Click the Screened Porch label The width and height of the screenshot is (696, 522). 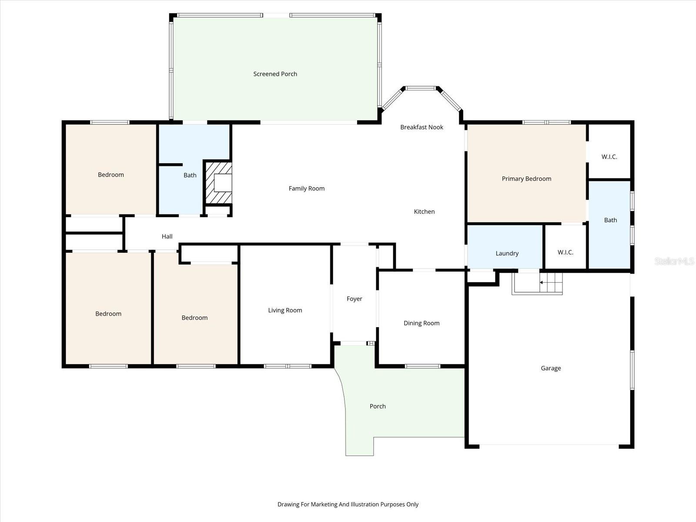275,74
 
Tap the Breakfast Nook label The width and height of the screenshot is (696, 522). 422,127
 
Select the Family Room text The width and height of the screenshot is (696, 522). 306,189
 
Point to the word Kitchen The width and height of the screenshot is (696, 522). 424,211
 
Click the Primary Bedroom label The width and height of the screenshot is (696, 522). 526,179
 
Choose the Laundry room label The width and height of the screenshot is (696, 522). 507,253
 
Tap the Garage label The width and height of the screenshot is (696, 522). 551,368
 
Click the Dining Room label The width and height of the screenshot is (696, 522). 422,323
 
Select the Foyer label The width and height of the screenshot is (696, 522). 354,298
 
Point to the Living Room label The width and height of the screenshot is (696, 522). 285,310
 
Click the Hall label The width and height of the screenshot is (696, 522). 167,237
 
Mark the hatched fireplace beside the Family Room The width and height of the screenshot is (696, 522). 219,183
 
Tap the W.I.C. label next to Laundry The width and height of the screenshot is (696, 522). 565,252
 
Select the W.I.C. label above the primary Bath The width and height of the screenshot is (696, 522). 609,157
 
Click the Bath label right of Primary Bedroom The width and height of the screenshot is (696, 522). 610,220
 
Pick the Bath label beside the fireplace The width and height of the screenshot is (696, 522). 190,175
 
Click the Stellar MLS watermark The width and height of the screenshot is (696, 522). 674,261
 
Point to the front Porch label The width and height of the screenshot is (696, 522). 377,406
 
